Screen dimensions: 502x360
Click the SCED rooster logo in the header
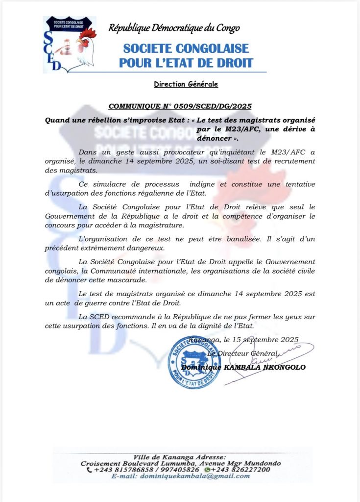pyautogui.click(x=70, y=45)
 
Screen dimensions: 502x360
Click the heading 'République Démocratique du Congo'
pyautogui.click(x=174, y=28)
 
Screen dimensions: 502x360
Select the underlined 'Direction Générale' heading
pyautogui.click(x=186, y=84)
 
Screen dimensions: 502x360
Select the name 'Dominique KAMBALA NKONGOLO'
pyautogui.click(x=243, y=367)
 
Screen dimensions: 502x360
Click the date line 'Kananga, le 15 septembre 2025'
pyautogui.click(x=243, y=339)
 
